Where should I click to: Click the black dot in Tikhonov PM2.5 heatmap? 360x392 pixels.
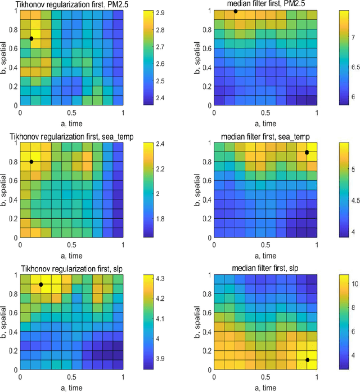point(31,39)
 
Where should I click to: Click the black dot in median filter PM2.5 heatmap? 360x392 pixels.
point(236,11)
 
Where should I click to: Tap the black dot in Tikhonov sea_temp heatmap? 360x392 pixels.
point(31,162)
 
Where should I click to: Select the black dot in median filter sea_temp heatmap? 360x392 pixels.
point(307,153)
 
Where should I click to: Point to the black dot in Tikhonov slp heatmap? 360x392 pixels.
point(41,284)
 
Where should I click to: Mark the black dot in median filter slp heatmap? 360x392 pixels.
point(307,360)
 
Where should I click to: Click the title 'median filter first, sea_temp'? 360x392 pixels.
point(267,137)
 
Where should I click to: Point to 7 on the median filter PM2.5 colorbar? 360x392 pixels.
point(353,38)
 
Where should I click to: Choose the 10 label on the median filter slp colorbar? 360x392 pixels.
point(355,283)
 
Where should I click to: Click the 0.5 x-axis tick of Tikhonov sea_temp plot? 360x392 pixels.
point(71,244)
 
